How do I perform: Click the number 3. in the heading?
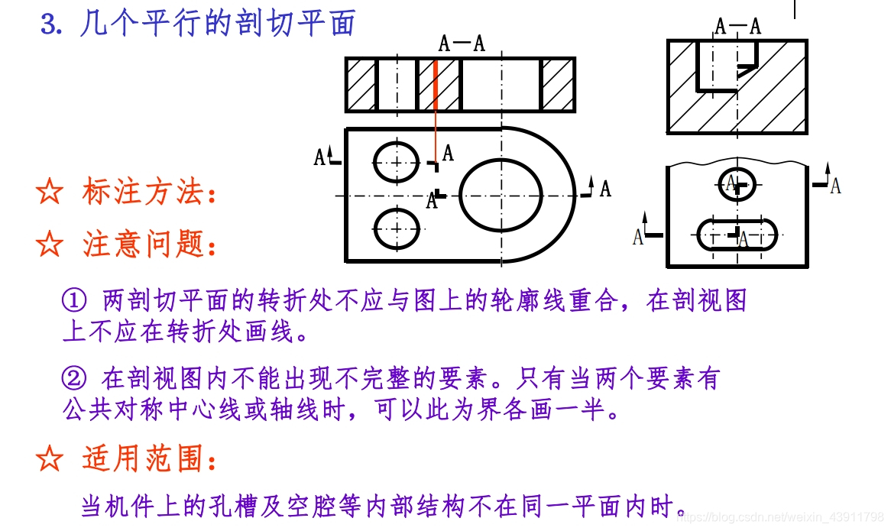pos(50,24)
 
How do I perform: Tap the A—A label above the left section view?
pos(462,43)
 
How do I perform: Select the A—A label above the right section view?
pos(738,27)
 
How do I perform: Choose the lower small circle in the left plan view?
pos(397,228)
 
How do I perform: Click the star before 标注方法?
pos(49,192)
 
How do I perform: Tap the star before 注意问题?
pos(49,244)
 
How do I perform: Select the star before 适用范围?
pos(49,458)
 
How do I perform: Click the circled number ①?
pos(73,301)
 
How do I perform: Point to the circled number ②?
pos(73,378)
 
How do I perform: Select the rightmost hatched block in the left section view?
pos(557,84)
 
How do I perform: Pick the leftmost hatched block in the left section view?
pos(361,84)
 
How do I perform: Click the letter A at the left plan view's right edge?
pos(605,188)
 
